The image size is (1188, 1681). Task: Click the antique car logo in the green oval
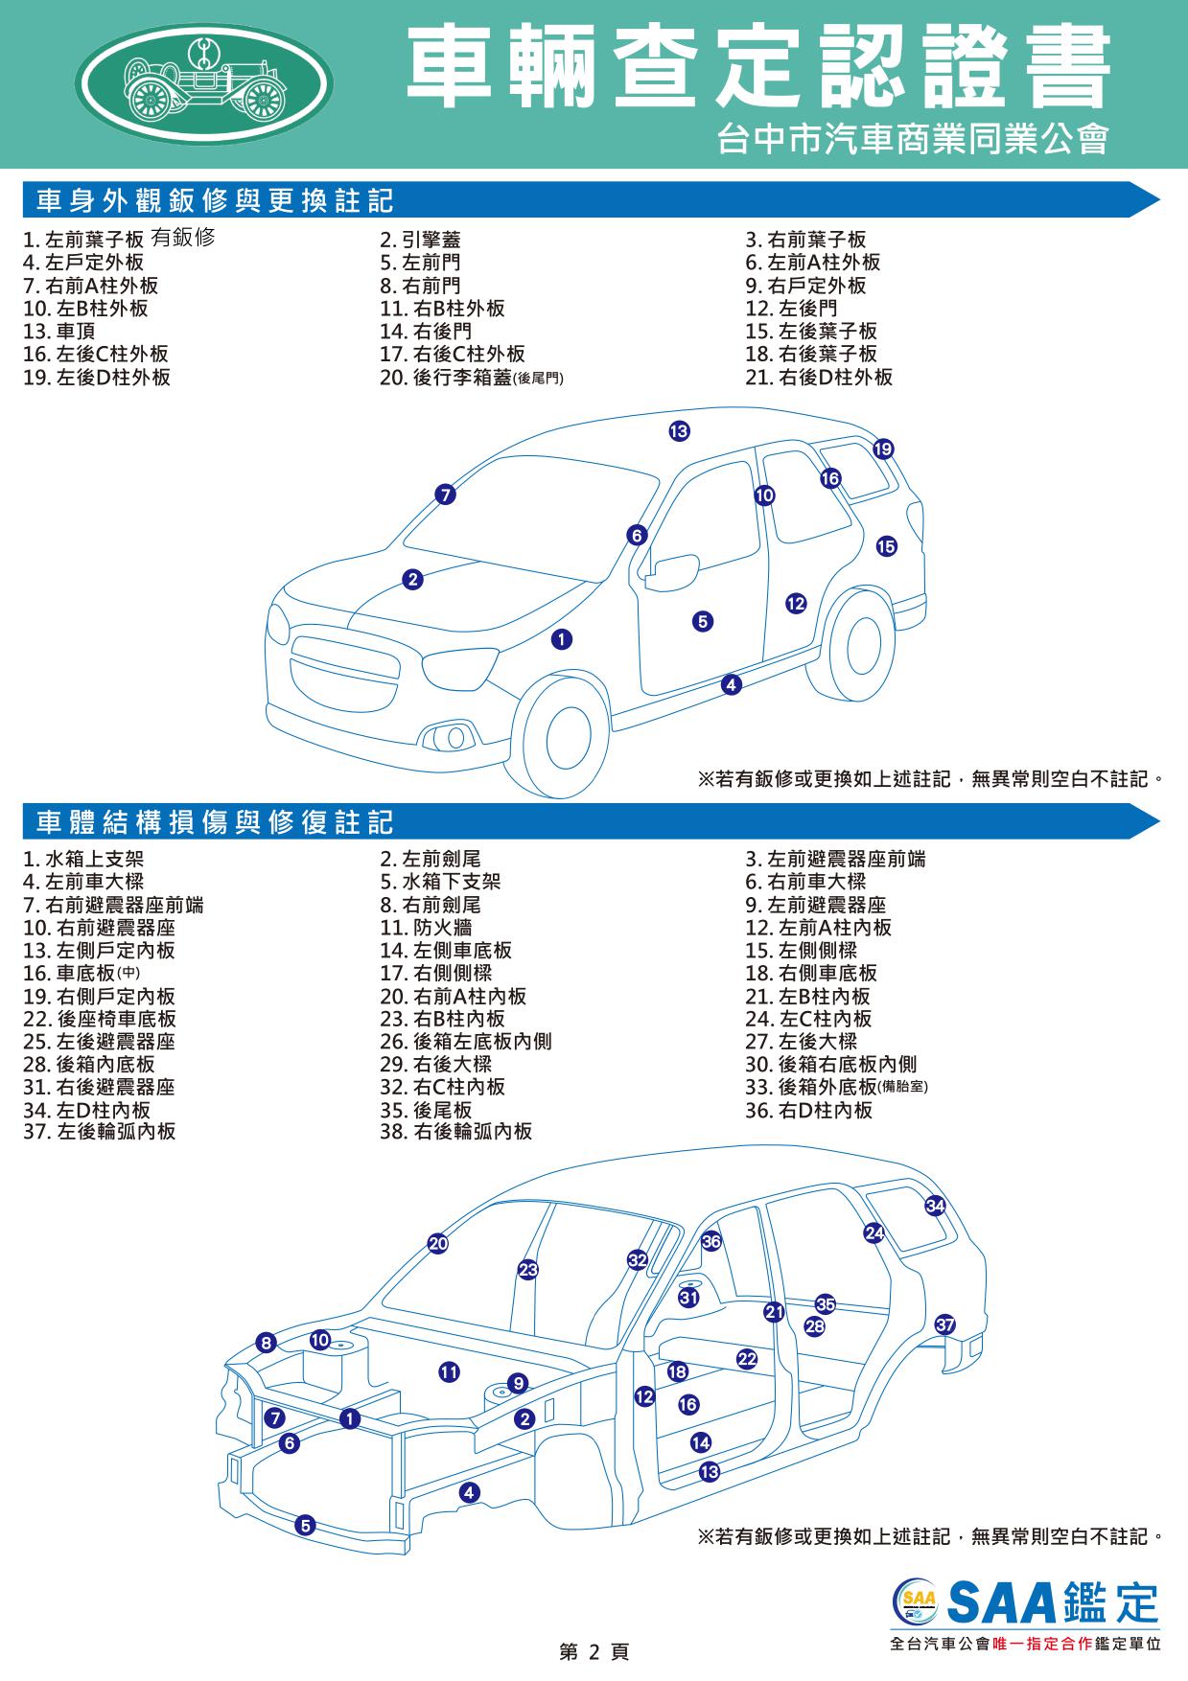(204, 83)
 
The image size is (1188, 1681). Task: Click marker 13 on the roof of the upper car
(679, 431)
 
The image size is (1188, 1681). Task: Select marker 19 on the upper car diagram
(883, 449)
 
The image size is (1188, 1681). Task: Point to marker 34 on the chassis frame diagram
(936, 1206)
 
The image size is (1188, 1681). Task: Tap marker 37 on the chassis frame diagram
(945, 1325)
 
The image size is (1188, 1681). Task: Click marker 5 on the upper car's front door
(703, 622)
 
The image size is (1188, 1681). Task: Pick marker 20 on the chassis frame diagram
(438, 1244)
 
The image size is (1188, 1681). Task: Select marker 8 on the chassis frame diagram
(267, 1343)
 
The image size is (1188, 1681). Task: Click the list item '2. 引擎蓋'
(420, 240)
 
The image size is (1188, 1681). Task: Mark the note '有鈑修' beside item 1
(183, 238)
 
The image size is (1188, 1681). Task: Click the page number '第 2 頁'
(594, 1652)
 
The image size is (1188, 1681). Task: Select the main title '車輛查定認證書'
(758, 66)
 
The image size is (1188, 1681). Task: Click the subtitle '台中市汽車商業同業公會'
(914, 140)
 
